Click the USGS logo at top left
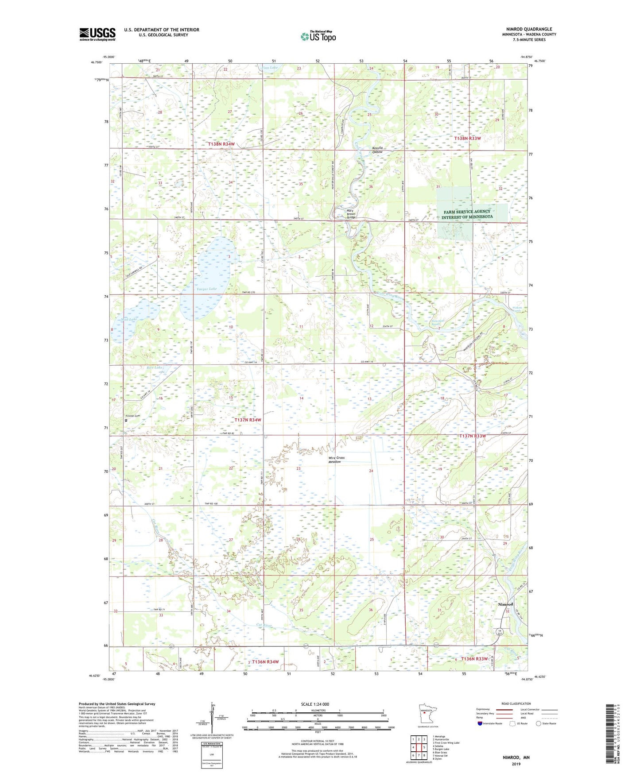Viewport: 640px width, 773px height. click(97, 34)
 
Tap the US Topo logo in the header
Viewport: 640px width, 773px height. click(318, 36)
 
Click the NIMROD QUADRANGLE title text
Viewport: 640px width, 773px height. click(529, 29)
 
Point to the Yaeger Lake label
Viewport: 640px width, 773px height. click(207, 289)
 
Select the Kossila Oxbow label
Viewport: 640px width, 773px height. click(377, 150)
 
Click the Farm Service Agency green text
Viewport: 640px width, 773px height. click(467, 214)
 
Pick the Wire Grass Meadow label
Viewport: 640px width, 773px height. click(336, 460)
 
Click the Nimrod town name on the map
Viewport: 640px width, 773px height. click(505, 604)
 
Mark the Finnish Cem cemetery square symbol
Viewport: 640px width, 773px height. click(126, 421)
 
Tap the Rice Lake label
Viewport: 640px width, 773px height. click(155, 367)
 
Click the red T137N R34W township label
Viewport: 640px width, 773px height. click(248, 420)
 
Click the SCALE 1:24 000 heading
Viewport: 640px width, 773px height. click(315, 704)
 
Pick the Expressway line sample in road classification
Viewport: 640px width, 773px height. click(504, 709)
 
